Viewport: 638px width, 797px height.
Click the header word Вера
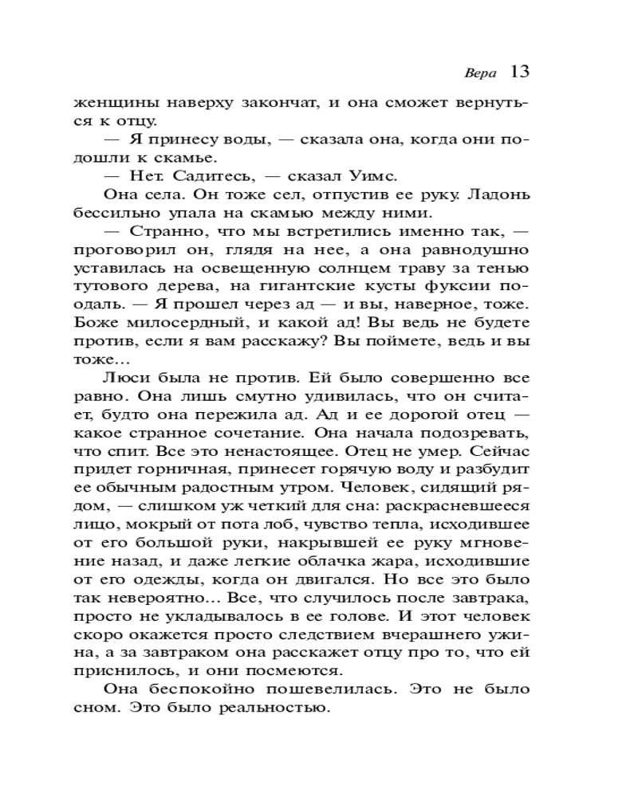(479, 73)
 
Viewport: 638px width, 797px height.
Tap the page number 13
(519, 72)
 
